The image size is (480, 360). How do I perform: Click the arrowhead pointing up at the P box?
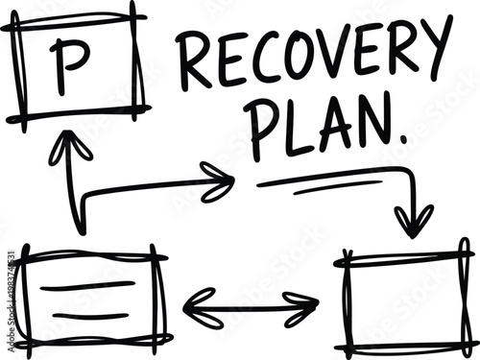click(x=70, y=146)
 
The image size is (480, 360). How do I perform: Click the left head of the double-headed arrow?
click(x=195, y=307)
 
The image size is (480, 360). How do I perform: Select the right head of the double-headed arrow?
click(x=305, y=308)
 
